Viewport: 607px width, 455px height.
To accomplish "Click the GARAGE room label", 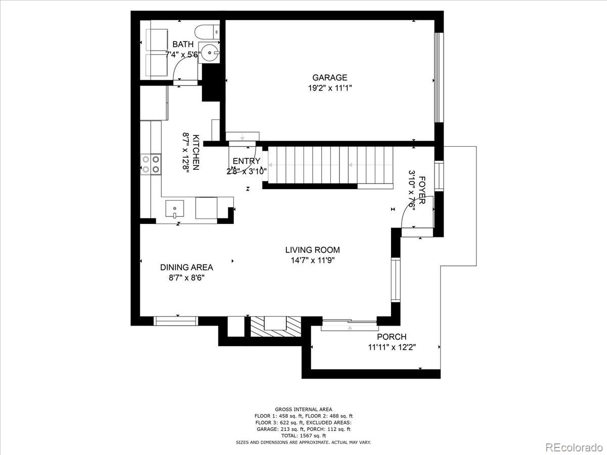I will [329, 77].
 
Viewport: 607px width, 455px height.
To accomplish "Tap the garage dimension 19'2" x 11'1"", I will [329, 88].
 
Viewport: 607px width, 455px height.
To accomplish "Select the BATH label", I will [183, 44].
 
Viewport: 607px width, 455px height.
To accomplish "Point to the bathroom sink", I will [209, 52].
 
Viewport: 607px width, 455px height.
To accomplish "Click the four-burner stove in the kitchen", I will [150, 164].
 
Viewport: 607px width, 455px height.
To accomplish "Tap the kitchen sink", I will [174, 208].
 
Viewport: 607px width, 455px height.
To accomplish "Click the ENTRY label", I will [246, 161].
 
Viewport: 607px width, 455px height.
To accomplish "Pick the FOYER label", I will [421, 190].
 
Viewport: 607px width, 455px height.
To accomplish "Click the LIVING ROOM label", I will [312, 250].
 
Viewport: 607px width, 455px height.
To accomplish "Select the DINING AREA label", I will [186, 267].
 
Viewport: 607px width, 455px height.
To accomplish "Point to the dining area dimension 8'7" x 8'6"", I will [186, 278].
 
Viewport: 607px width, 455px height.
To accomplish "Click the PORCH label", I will [392, 337].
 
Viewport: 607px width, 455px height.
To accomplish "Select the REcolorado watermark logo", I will [574, 447].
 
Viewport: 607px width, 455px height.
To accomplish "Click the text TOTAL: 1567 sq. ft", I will [303, 435].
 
